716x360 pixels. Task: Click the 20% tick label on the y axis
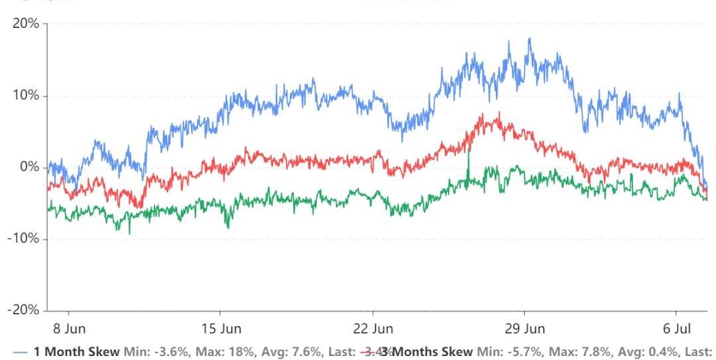[26, 24]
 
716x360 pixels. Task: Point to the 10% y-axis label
[26, 95]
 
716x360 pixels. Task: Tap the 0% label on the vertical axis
[29, 167]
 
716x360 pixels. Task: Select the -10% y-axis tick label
[24, 239]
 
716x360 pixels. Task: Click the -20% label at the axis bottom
[24, 310]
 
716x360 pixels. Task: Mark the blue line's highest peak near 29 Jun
[529, 38]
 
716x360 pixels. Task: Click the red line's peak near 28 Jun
[498, 112]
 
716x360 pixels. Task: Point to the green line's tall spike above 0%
[468, 152]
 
